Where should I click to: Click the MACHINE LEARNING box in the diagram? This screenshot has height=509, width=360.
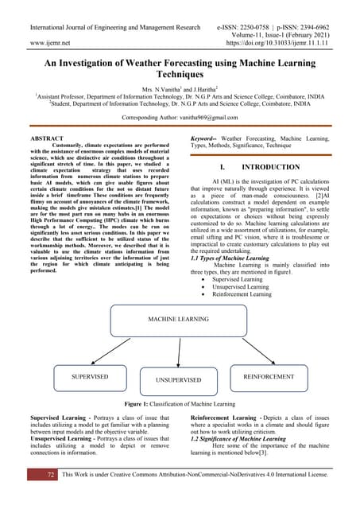point(178,319)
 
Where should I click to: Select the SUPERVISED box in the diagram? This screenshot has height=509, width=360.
point(90,375)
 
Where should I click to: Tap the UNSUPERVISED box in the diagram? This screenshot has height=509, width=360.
point(179,380)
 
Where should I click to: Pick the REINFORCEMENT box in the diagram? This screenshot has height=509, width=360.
point(268,376)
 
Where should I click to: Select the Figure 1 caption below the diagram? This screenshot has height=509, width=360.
point(179,405)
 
